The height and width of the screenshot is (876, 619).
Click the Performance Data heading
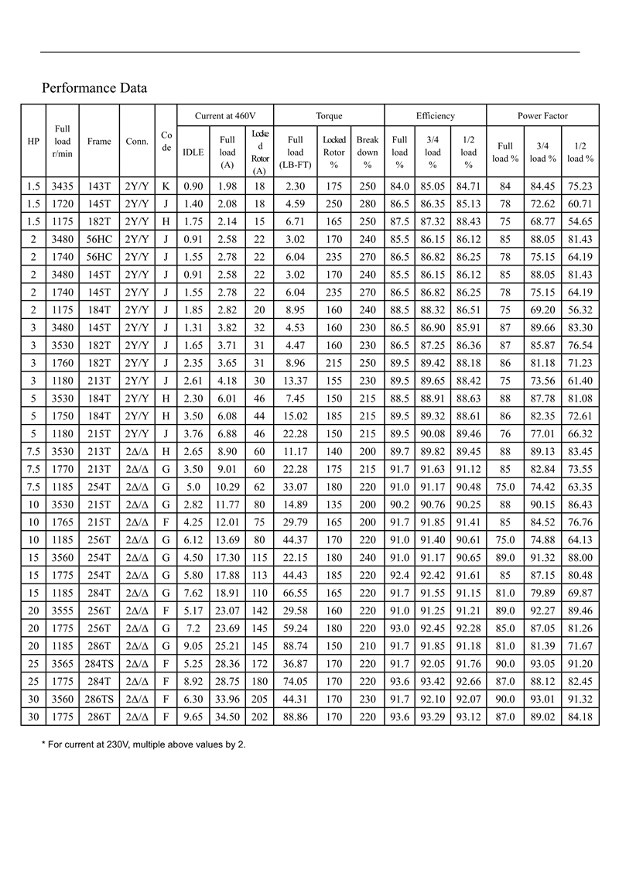[94, 88]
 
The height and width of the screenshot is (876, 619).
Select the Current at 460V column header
[225, 115]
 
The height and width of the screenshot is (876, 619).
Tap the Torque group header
[329, 115]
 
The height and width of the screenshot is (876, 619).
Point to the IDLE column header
[193, 152]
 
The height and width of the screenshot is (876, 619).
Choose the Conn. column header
[137, 142]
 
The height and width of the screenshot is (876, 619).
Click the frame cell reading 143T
[99, 186]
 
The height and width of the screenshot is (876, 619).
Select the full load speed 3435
[63, 186]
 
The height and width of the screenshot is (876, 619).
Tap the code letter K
[166, 186]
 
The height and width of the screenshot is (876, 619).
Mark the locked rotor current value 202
[259, 717]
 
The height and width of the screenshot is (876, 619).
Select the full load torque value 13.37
[295, 382]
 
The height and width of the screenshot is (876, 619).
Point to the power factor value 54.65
[580, 221]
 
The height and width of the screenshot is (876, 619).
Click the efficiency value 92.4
[399, 576]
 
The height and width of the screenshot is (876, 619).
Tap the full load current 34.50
[227, 717]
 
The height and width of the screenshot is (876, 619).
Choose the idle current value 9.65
[193, 717]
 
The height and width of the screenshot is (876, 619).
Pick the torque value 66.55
[295, 594]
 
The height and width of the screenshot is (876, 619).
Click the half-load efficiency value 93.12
[468, 717]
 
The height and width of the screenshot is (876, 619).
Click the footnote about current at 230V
[143, 744]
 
